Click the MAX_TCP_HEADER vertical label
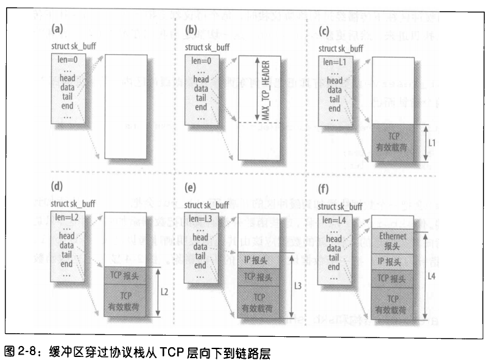[x=266, y=90]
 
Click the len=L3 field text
[x=199, y=219]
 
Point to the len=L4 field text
[x=333, y=219]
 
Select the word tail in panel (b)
[x=200, y=97]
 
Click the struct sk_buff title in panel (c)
[x=340, y=48]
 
